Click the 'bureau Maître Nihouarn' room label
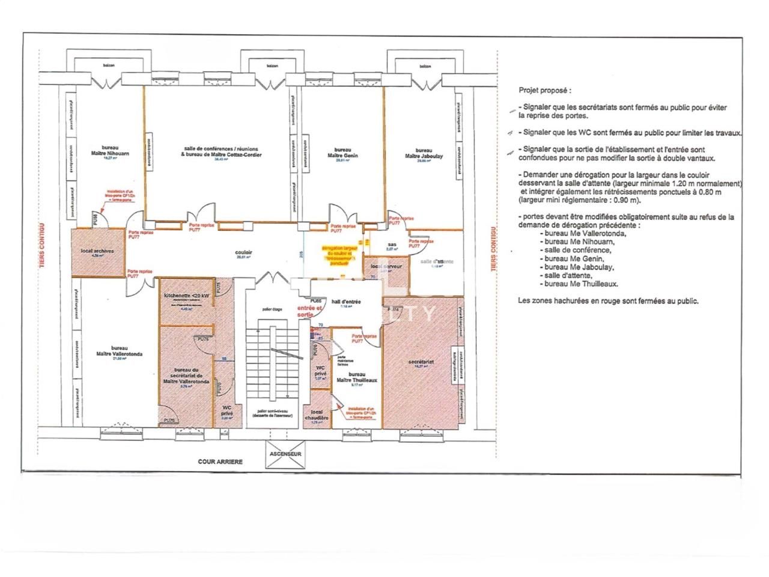110,150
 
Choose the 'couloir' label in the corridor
244,253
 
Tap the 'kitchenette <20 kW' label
187,296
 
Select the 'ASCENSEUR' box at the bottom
285,454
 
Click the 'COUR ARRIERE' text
220,462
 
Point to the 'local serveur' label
386,266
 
